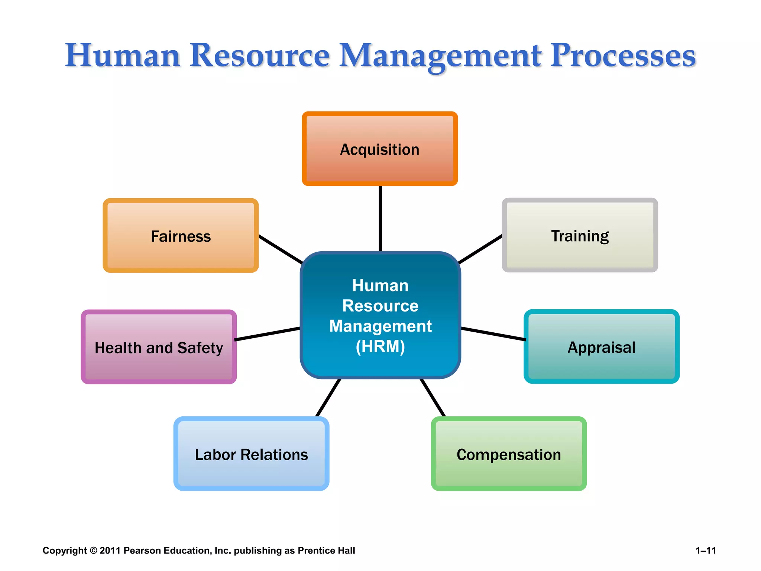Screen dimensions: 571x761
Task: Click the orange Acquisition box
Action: [x=380, y=149]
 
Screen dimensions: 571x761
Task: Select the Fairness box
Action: [x=181, y=236]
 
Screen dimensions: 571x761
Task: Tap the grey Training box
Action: [x=580, y=235]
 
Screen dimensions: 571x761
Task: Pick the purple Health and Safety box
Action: [x=159, y=347]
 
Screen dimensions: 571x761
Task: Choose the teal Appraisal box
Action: [x=602, y=347]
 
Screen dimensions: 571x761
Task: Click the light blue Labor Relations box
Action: [x=251, y=454]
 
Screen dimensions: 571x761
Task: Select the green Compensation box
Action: [x=509, y=454]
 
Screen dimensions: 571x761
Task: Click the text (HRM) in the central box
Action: [x=380, y=346]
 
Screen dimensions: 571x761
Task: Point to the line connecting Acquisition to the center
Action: [x=380, y=219]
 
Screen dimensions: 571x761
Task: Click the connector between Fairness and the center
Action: [x=281, y=249]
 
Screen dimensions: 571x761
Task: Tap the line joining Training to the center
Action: [x=480, y=249]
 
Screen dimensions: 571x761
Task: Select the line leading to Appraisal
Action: [x=493, y=334]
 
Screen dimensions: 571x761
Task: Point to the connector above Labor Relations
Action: [x=328, y=398]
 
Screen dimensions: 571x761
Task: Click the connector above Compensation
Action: [x=433, y=398]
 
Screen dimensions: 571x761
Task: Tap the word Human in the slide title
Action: [x=123, y=56]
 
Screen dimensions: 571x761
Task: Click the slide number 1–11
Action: [x=706, y=551]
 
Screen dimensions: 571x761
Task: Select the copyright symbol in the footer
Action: [x=93, y=551]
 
